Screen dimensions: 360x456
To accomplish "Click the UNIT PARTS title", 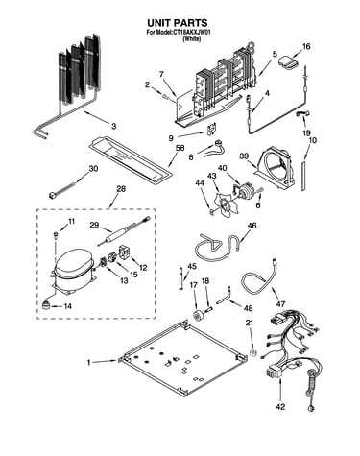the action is coord(177,23).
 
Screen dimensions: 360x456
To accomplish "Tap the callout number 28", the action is coord(121,189).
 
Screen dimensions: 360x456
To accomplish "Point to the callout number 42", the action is coord(280,407).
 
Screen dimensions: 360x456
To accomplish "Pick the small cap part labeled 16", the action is coord(287,62).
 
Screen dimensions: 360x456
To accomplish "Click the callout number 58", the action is coord(180,148).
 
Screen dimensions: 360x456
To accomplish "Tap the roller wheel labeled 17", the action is coord(198,315).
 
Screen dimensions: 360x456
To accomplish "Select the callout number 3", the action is coord(114,126).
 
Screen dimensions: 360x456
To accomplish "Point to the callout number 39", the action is coord(244,156).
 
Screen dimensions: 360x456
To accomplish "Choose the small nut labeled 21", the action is coord(253,353).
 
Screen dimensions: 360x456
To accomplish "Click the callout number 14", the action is coord(67,306).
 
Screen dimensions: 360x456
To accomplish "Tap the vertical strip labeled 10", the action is coord(303,177).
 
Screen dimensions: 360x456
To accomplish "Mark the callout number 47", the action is coord(280,303).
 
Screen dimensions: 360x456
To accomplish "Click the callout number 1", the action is coord(89,362).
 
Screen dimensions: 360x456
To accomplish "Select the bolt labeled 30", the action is coord(62,189).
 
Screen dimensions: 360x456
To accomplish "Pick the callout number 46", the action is coord(252,226).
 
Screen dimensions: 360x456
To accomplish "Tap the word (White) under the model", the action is coord(191,39).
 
